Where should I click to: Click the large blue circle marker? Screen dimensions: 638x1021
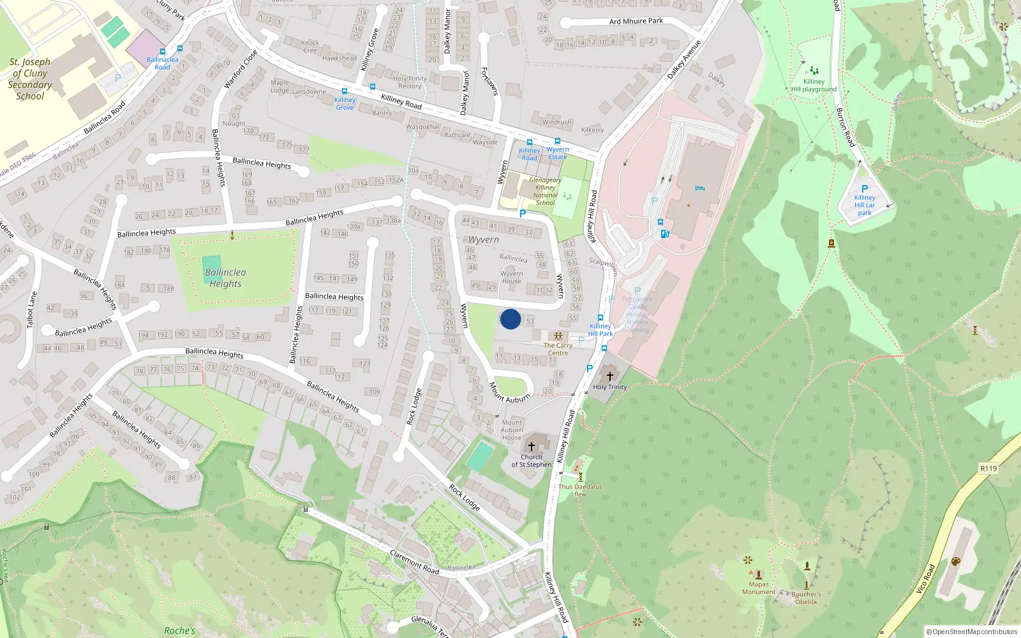pos(511,319)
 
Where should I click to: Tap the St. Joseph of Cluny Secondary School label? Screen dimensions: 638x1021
pos(30,79)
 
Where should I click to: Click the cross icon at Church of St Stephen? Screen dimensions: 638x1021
pos(531,447)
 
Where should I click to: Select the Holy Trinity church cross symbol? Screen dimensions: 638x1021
pos(609,376)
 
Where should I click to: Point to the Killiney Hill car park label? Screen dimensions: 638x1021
pos(865,205)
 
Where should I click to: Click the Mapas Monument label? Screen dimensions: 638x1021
pos(759,588)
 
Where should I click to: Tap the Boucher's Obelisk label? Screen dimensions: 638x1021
pos(806,598)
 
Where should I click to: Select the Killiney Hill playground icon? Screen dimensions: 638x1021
pos(814,71)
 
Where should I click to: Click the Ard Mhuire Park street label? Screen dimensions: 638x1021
pos(636,21)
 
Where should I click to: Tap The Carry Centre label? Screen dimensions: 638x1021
pos(558,349)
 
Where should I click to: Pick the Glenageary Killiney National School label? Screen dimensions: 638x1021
pos(545,191)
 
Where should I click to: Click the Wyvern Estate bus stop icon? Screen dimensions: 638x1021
pos(558,141)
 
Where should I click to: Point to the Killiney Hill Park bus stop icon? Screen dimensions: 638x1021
pos(600,318)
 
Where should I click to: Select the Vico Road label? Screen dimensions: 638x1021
pos(925,579)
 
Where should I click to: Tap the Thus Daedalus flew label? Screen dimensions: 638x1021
pos(579,490)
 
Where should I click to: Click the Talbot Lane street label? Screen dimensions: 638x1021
pos(31,309)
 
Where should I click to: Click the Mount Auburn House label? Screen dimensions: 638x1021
pos(512,429)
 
